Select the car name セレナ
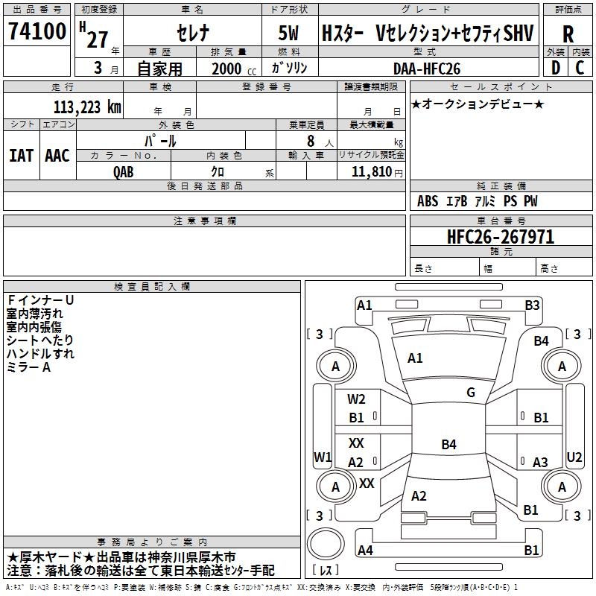191,34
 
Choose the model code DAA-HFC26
427,69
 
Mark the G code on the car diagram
471,393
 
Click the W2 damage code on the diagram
357,399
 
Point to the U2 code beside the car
574,457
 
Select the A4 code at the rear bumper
365,551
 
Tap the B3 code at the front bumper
532,305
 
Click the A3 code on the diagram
540,463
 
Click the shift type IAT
21,156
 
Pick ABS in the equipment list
428,201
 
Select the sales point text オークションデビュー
478,104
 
